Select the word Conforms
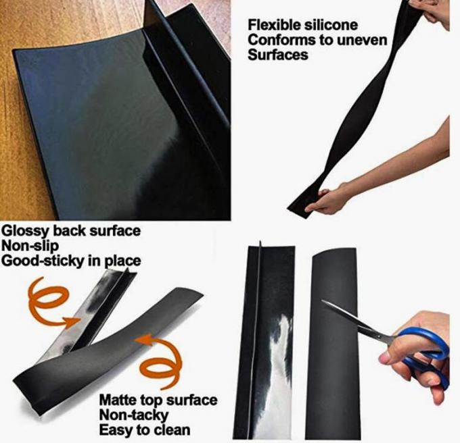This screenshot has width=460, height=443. [278, 41]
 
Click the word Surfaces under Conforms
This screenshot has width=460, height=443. [277, 55]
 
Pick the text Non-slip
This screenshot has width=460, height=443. [32, 246]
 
